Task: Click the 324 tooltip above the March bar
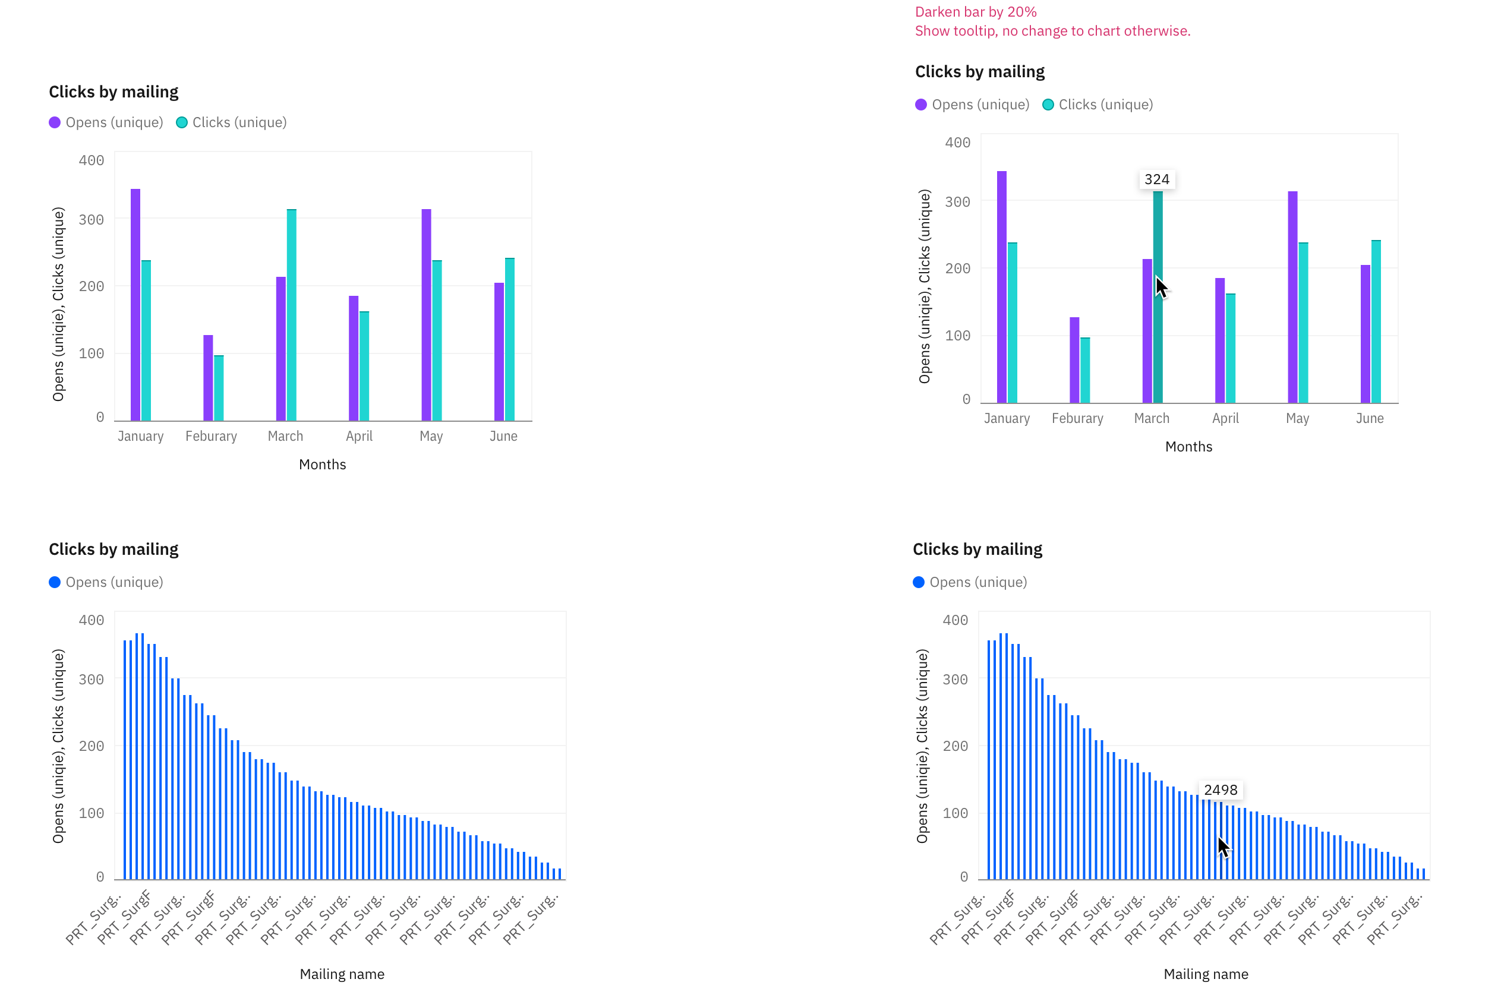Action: pos(1156,179)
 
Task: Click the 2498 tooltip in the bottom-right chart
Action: pos(1221,790)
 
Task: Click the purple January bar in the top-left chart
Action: pos(135,305)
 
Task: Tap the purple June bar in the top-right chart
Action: pos(1365,334)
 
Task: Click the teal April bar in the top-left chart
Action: pos(364,366)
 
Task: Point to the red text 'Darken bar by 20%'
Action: pos(975,11)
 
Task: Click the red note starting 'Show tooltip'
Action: pos(1052,30)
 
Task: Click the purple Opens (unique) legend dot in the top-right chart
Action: pos(920,105)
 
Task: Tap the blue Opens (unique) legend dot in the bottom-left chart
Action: pos(55,582)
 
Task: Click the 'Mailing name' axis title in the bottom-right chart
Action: pos(1206,974)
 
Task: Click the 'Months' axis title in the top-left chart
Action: pos(322,464)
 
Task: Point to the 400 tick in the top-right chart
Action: pos(957,143)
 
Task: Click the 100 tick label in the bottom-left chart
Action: pos(91,813)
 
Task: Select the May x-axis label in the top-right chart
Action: pos(1297,418)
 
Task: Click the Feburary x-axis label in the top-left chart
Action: pos(211,436)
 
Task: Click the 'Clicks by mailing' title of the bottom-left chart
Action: pos(113,549)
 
